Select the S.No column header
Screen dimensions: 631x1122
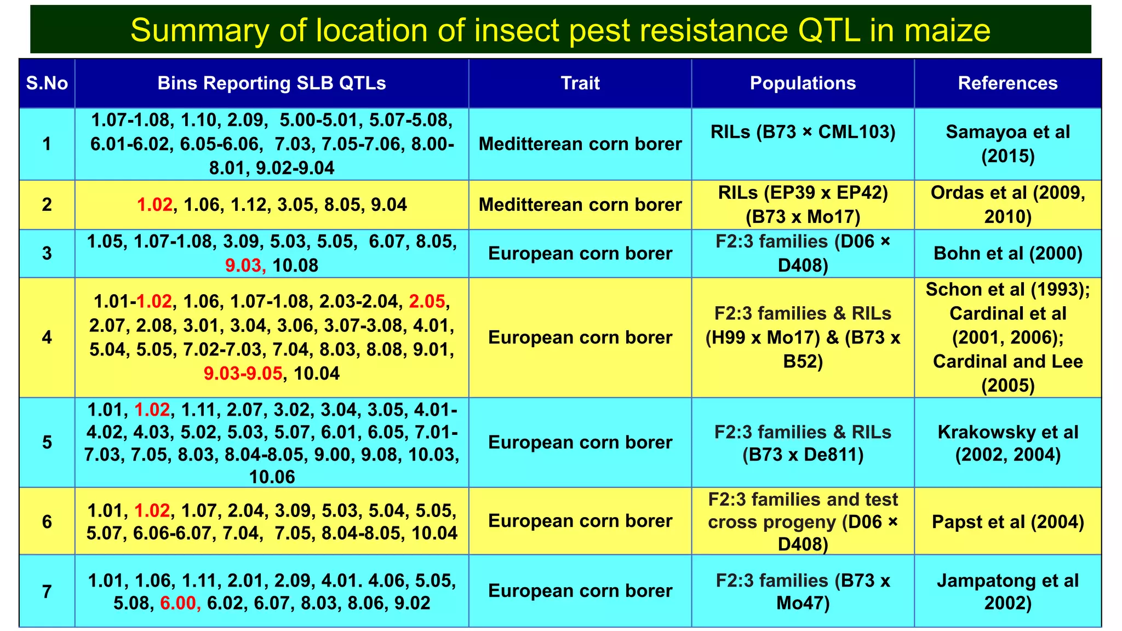pyautogui.click(x=47, y=83)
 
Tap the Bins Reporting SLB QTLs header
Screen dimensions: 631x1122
pyautogui.click(x=272, y=83)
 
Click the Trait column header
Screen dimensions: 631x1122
pyautogui.click(x=580, y=83)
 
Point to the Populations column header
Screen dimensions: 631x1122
pyautogui.click(x=803, y=83)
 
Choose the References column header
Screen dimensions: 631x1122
pyautogui.click(x=1007, y=83)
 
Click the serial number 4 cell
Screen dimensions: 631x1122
pyautogui.click(x=47, y=337)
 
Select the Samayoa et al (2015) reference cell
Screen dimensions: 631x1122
pyautogui.click(x=1007, y=144)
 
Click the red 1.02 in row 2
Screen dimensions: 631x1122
pyautogui.click(x=154, y=205)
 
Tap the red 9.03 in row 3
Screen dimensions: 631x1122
pyautogui.click(x=244, y=266)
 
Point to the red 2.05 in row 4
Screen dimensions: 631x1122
pyautogui.click(x=427, y=301)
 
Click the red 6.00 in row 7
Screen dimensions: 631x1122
pyautogui.click(x=178, y=603)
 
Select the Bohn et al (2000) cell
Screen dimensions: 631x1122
pyautogui.click(x=1007, y=254)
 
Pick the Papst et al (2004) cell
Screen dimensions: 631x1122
pyautogui.click(x=1007, y=521)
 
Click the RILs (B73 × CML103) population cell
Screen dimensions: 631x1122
pyautogui.click(x=803, y=132)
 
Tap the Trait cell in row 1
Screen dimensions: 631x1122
pyautogui.click(x=580, y=144)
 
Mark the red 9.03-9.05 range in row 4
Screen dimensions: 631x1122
pyautogui.click(x=243, y=374)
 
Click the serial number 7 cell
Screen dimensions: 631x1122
pyautogui.click(x=47, y=592)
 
